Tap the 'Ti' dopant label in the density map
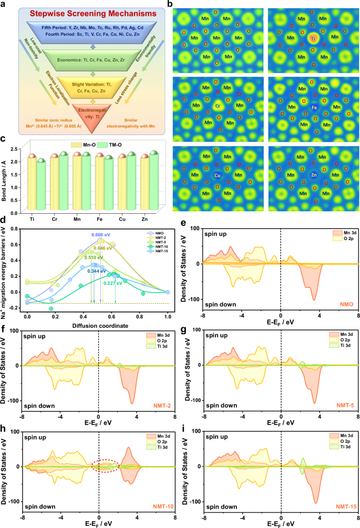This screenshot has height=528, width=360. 313,38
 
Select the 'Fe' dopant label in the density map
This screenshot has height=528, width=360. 314,107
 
